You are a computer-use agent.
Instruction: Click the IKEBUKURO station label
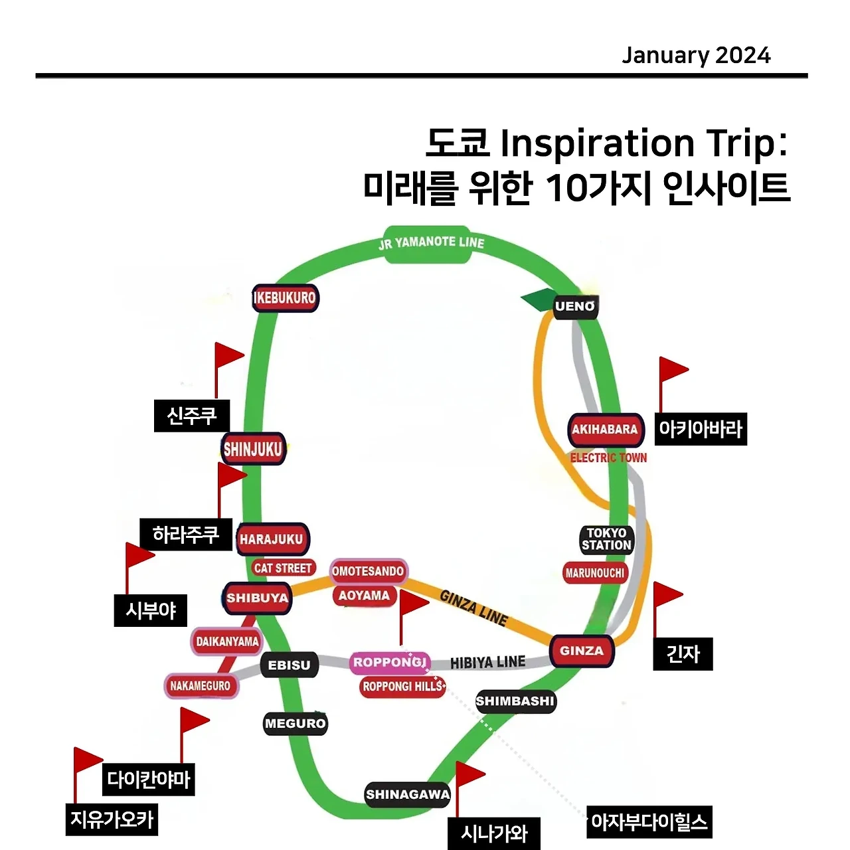click(x=285, y=298)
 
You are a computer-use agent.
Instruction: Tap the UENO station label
click(x=575, y=306)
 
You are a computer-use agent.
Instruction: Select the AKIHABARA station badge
click(x=605, y=430)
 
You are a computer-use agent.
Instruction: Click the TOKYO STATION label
click(x=606, y=539)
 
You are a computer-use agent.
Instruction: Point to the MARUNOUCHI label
click(x=595, y=572)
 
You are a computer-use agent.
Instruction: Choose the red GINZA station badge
click(x=582, y=651)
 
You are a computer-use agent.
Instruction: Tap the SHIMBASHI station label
click(x=515, y=701)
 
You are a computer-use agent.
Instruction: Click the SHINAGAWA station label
click(x=408, y=794)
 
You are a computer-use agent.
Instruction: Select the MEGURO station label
click(x=296, y=723)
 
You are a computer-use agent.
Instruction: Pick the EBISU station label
click(x=289, y=665)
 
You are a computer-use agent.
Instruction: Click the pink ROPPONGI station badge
click(x=390, y=662)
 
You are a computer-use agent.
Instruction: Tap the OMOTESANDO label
click(x=368, y=571)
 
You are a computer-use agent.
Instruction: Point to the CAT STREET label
click(x=283, y=568)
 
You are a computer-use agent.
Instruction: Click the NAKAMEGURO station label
click(x=200, y=686)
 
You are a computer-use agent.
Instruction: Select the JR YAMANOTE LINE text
click(x=431, y=243)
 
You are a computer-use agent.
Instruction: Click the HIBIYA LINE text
click(x=487, y=663)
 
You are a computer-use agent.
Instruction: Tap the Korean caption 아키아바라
click(x=700, y=429)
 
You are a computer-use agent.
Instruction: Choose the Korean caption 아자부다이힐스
click(x=649, y=822)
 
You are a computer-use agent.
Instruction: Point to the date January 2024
click(x=696, y=55)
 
